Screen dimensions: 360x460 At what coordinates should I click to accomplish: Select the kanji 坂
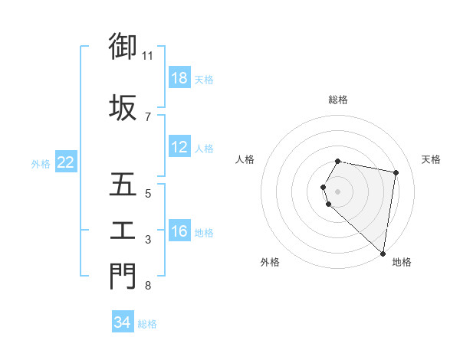coord(123,106)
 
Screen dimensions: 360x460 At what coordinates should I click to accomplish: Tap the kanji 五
coord(123,185)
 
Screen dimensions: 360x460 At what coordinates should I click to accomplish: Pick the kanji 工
coord(123,231)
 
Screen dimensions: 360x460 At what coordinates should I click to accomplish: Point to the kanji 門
coord(123,276)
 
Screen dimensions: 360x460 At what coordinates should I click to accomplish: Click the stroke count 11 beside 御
coord(148,56)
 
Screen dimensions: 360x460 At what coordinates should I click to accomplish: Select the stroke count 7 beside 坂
coord(148,116)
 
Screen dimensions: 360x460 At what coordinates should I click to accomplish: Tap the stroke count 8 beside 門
coord(148,286)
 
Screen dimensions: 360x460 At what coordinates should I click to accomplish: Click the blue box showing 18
coord(179,78)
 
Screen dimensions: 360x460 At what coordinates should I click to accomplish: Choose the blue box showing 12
coord(179,147)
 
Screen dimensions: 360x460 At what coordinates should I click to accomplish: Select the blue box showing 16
coord(179,231)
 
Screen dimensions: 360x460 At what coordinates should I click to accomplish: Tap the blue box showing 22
coord(66,162)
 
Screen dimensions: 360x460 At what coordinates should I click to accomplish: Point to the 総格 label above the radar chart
coord(338,100)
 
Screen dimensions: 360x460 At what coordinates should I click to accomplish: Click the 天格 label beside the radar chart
coord(431,159)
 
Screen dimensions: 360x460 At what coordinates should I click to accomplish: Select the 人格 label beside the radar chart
coord(245,159)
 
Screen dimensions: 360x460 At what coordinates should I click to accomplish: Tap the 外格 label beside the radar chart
coord(270,262)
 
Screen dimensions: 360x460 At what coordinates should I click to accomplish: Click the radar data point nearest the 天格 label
coord(396,173)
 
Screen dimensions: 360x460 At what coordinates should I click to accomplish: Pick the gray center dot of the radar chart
coord(338,190)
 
